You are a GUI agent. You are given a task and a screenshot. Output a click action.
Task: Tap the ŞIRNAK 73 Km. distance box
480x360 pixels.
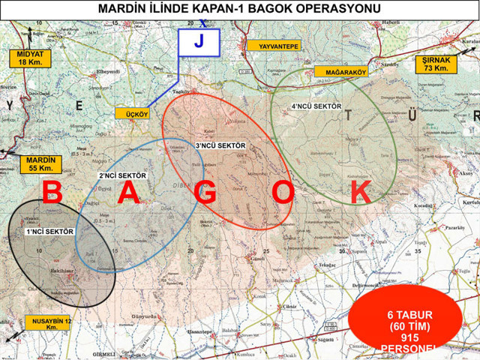(x=436, y=64)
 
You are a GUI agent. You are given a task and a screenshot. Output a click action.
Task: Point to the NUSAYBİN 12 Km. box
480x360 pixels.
(x=49, y=323)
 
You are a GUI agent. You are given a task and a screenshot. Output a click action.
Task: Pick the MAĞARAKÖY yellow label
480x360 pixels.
(x=344, y=72)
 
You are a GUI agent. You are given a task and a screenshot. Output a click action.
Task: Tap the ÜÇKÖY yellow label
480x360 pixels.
(x=133, y=113)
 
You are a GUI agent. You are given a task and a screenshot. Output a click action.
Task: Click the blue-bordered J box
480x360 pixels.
(x=199, y=43)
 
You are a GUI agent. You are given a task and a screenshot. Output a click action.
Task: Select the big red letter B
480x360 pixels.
(x=52, y=193)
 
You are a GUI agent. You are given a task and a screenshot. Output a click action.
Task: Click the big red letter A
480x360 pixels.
(x=128, y=193)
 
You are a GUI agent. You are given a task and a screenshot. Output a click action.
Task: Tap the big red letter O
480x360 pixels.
(x=283, y=193)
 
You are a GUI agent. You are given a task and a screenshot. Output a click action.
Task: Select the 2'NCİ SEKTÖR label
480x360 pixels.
(x=122, y=175)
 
